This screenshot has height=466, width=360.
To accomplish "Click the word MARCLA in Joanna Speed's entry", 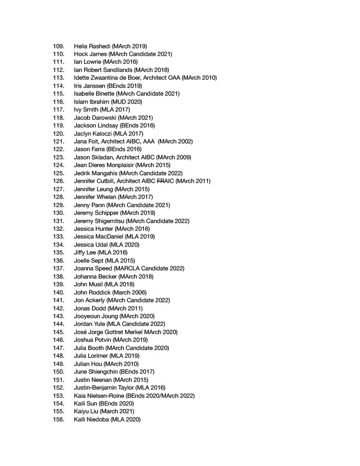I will pos(132,268).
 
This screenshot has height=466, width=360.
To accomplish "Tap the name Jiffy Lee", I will pos(85,253).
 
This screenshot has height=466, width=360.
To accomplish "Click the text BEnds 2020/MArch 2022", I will pos(160,395).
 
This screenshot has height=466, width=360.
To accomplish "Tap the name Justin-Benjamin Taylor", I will pos(105,388).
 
